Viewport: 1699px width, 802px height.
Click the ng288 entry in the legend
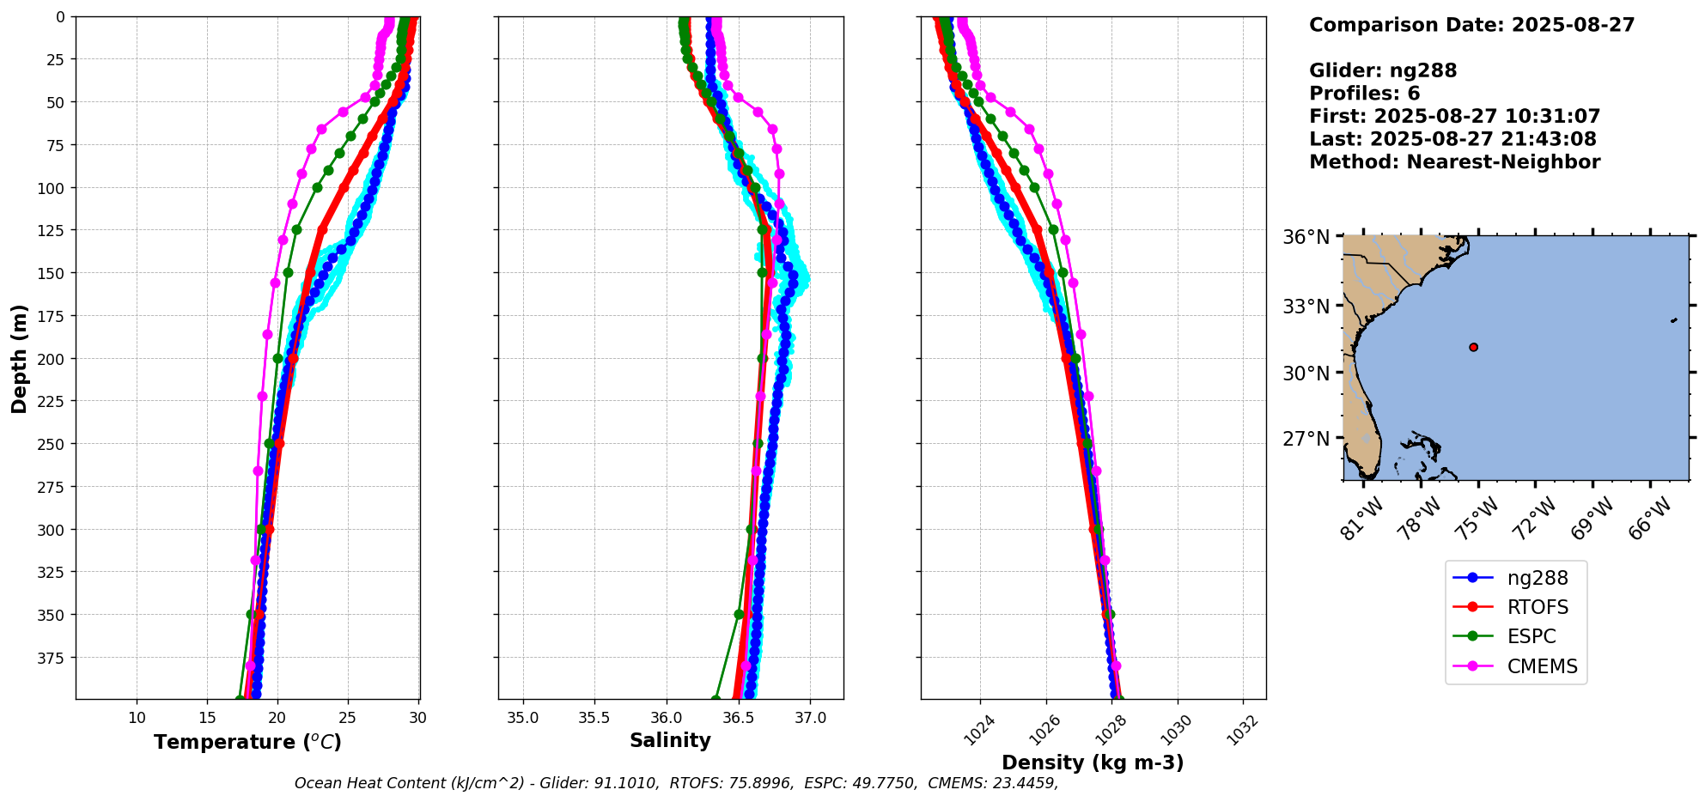pyautogui.click(x=1537, y=579)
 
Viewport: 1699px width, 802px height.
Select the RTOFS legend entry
pyautogui.click(x=1537, y=608)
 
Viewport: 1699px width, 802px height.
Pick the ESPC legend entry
pyautogui.click(x=1531, y=637)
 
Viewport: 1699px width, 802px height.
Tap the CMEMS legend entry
pyautogui.click(x=1542, y=666)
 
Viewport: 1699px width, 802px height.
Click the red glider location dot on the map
pyautogui.click(x=1474, y=348)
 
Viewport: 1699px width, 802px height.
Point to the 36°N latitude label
pyautogui.click(x=1306, y=237)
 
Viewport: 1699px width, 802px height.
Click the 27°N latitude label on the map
pyautogui.click(x=1306, y=439)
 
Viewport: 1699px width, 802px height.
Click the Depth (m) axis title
pyautogui.click(x=19, y=358)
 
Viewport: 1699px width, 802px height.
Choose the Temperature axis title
pyautogui.click(x=247, y=742)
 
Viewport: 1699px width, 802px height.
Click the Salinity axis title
pyautogui.click(x=670, y=740)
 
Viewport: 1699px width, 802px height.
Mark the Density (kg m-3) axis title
pyautogui.click(x=1093, y=763)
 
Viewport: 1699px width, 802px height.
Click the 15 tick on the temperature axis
pyautogui.click(x=207, y=718)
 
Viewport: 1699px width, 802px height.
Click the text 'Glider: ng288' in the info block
pyautogui.click(x=1383, y=70)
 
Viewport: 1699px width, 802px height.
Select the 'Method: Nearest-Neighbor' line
pyautogui.click(x=1454, y=162)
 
